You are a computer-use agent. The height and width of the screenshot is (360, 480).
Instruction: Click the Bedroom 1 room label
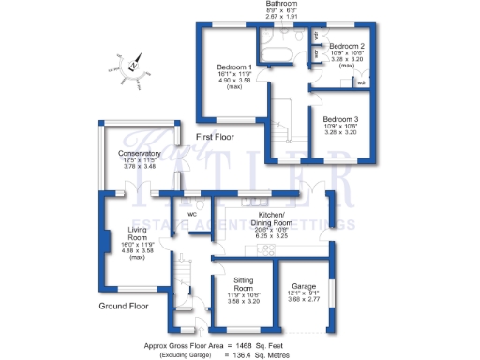click(x=234, y=68)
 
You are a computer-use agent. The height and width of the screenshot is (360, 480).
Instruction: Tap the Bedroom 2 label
click(x=346, y=46)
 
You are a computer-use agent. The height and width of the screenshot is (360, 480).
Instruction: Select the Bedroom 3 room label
click(x=340, y=120)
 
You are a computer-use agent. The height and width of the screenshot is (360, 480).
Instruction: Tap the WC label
click(x=191, y=214)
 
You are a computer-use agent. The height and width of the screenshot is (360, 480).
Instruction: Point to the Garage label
click(x=303, y=286)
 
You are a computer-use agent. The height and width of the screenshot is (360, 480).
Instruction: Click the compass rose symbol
click(x=133, y=68)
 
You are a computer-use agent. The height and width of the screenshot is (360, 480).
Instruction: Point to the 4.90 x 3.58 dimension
click(x=234, y=82)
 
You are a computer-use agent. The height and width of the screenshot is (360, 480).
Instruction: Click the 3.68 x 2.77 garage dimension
click(x=303, y=300)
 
